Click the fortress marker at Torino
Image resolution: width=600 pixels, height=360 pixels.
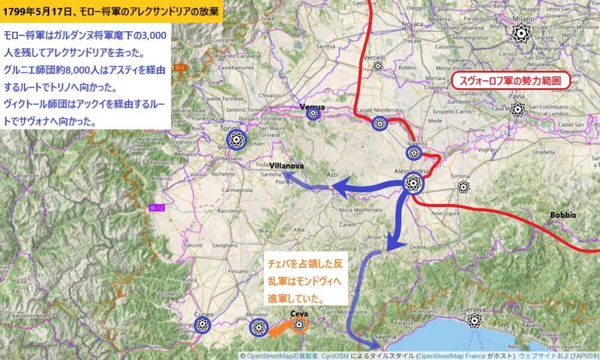(238, 140)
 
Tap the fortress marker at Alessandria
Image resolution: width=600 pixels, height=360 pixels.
(413, 184)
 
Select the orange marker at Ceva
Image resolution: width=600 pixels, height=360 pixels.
(299, 325)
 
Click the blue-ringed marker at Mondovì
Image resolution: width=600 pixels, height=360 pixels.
(259, 327)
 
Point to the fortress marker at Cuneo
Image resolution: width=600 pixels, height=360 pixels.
(203, 324)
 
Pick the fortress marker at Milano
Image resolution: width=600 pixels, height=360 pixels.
(520, 34)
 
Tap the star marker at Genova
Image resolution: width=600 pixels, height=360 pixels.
(475, 320)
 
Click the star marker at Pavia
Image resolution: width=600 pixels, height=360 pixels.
(517, 110)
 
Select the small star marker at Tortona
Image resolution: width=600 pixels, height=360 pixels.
(463, 187)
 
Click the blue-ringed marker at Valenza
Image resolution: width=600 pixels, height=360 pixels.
(413, 153)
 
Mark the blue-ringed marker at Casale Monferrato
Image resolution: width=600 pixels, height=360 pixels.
(379, 124)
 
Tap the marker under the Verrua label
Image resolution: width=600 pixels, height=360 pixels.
(313, 114)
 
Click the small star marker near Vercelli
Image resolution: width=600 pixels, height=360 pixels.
(377, 65)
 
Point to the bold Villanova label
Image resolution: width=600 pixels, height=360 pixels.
(287, 165)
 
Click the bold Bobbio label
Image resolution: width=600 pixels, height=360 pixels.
(563, 215)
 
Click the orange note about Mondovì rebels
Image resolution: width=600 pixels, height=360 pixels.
(306, 281)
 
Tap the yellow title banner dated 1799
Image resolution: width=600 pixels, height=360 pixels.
(111, 11)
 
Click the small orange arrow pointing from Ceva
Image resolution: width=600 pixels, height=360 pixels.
(277, 329)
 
